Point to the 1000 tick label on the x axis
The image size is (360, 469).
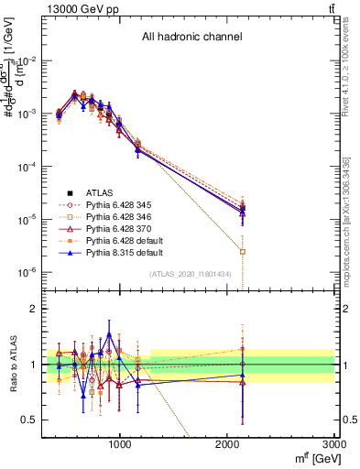point(121,444)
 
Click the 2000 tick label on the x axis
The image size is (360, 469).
point(228,444)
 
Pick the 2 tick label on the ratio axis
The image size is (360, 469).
point(33,310)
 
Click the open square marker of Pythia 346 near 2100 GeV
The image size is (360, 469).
point(243,251)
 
